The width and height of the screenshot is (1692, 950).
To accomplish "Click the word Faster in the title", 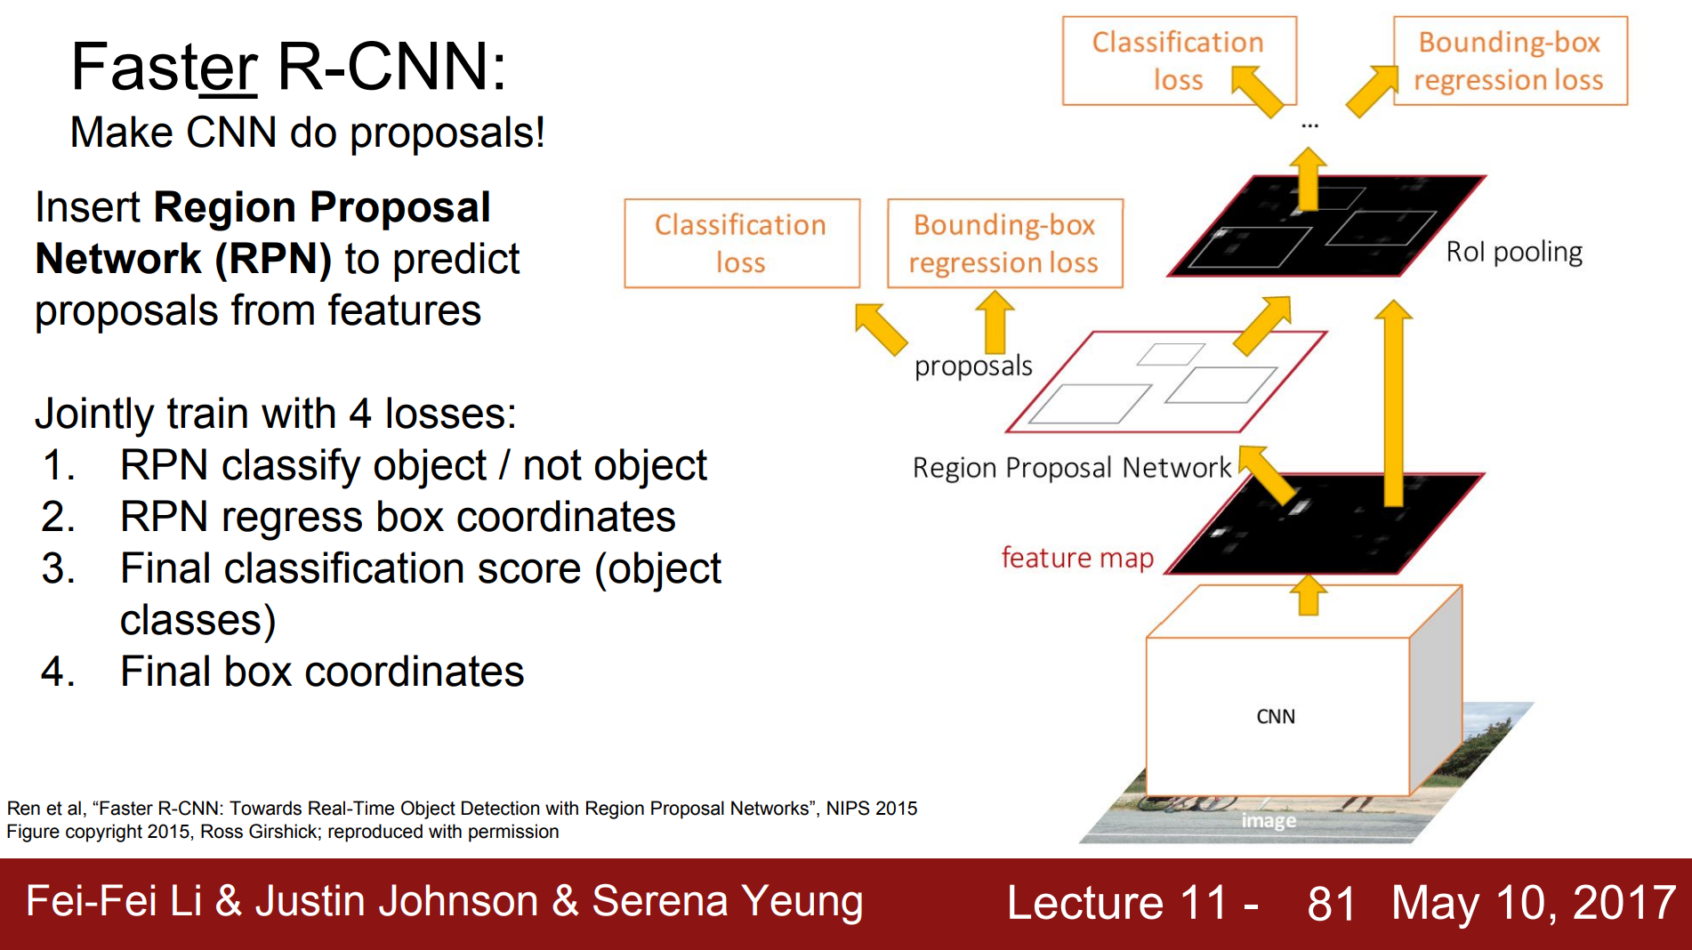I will [x=164, y=67].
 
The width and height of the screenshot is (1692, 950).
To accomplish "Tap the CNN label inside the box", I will [x=1275, y=717].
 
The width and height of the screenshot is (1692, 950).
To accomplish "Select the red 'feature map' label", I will [x=1077, y=558].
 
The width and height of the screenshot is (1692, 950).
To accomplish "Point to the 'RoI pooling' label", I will [x=1514, y=252].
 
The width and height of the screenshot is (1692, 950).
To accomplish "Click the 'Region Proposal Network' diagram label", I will [x=1071, y=468].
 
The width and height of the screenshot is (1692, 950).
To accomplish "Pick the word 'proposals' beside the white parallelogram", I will [x=973, y=366].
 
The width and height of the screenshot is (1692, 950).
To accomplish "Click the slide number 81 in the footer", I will [x=1331, y=903].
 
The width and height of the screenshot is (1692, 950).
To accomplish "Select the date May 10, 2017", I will [x=1534, y=903].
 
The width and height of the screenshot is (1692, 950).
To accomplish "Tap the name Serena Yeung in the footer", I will [x=727, y=901].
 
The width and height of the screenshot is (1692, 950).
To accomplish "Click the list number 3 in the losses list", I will [x=58, y=568].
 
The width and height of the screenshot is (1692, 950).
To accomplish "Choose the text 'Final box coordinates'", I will [x=322, y=672].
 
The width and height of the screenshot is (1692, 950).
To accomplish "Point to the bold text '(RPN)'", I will [x=272, y=259].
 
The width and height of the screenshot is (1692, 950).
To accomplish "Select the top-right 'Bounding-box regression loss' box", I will [x=1510, y=60].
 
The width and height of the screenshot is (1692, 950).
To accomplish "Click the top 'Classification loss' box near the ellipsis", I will [x=1178, y=60].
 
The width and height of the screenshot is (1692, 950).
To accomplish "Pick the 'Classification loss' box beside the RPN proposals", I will [x=741, y=243].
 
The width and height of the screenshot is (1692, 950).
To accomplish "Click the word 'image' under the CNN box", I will [x=1269, y=820].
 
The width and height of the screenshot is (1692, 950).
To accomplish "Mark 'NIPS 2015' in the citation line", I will [x=871, y=809].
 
